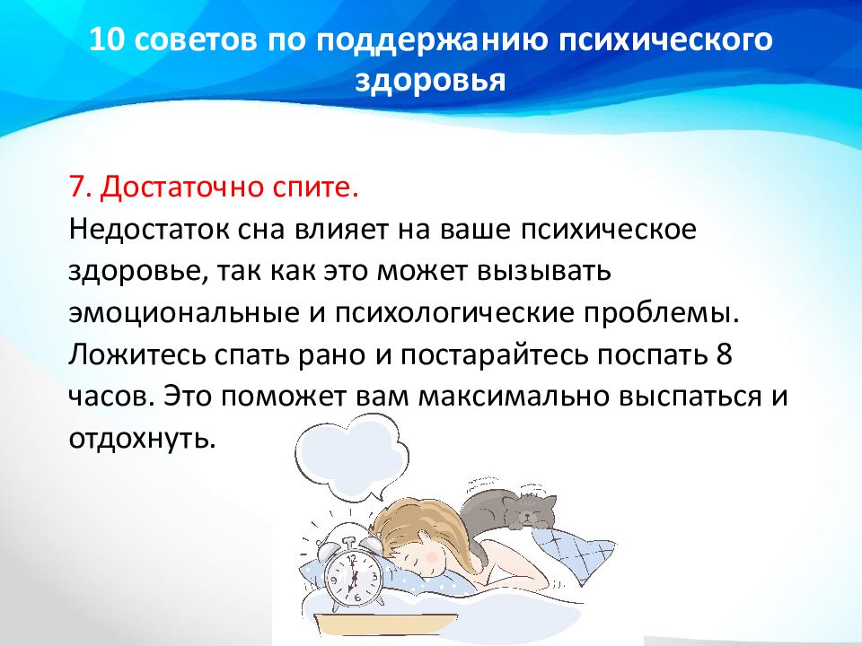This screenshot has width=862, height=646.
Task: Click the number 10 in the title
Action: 106,39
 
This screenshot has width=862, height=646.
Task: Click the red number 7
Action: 79,188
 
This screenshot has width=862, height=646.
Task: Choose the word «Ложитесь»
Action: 137,355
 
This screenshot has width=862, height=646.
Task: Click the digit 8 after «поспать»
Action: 725,355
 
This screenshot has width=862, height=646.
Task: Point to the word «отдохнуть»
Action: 141,439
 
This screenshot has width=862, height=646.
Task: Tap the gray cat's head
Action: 529,511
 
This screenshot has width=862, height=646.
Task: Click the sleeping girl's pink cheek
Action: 434,556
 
